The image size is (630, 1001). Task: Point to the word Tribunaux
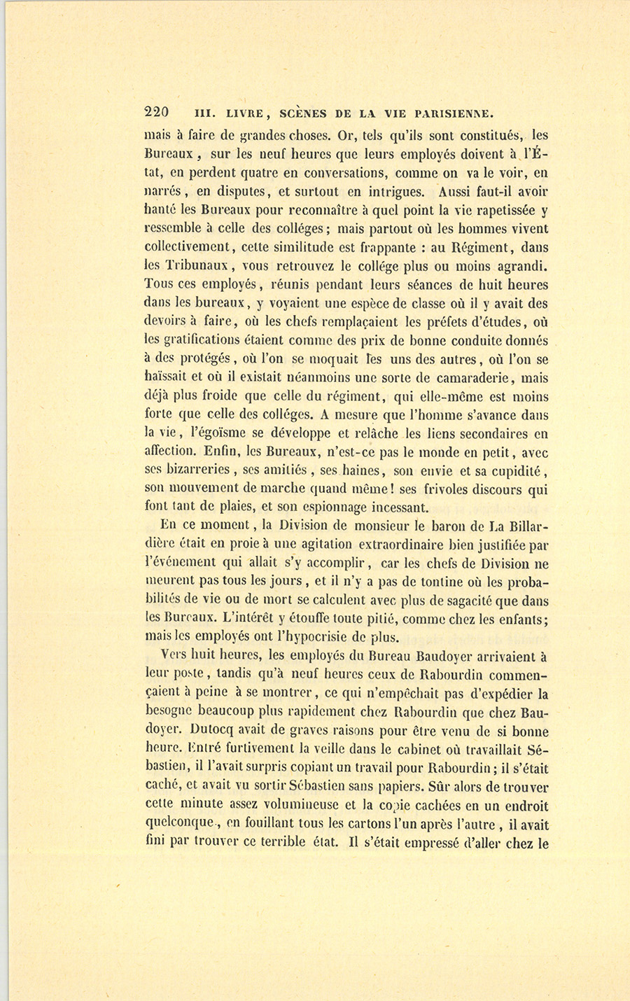[x=184, y=267]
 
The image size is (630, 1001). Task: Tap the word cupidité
[x=517, y=470]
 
